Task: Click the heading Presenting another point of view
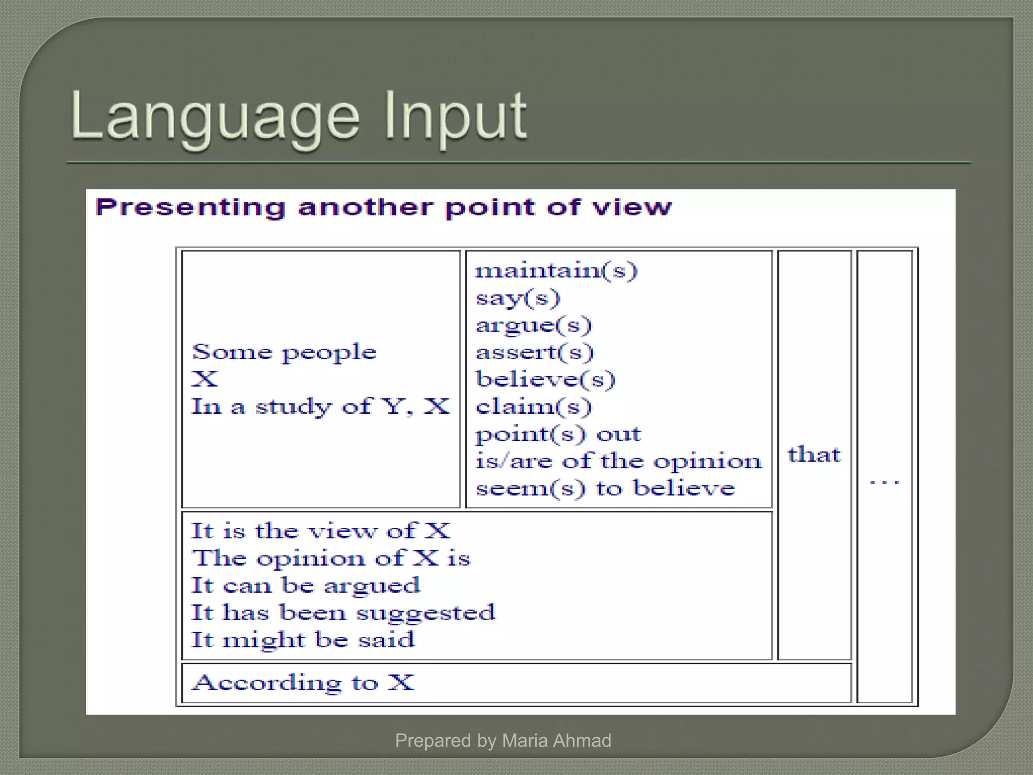[x=383, y=207]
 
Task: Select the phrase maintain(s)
[x=556, y=271]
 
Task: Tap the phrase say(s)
[x=518, y=298]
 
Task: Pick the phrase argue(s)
[x=534, y=325]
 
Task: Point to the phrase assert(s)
[x=535, y=352]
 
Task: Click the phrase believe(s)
[x=545, y=379]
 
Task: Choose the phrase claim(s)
[x=534, y=407]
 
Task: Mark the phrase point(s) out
[x=558, y=434]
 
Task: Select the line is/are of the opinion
[x=618, y=461]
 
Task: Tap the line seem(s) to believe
[x=605, y=488]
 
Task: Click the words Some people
[x=284, y=352]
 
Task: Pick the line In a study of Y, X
[x=320, y=407]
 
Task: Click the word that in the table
[x=814, y=455]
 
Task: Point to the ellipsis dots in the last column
[x=884, y=482]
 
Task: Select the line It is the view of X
[x=321, y=531]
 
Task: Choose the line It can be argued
[x=305, y=585]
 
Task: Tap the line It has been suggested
[x=343, y=613]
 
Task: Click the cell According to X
[x=303, y=683]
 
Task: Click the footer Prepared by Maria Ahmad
[x=503, y=740]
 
